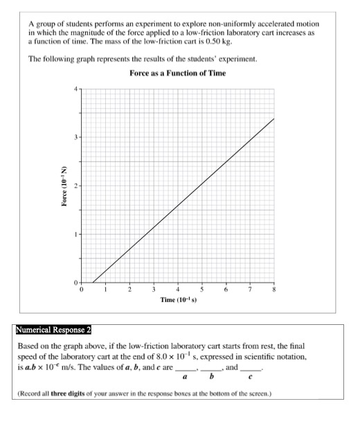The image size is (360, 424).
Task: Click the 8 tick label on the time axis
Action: pyautogui.click(x=274, y=290)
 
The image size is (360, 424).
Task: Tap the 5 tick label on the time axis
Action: pyautogui.click(x=201, y=290)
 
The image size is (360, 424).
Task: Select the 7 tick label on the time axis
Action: pyautogui.click(x=250, y=290)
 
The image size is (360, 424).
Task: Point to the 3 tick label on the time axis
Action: pyautogui.click(x=153, y=290)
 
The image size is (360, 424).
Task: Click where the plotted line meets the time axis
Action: pyautogui.click(x=93, y=282)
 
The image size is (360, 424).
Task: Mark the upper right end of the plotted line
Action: pyautogui.click(x=274, y=118)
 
